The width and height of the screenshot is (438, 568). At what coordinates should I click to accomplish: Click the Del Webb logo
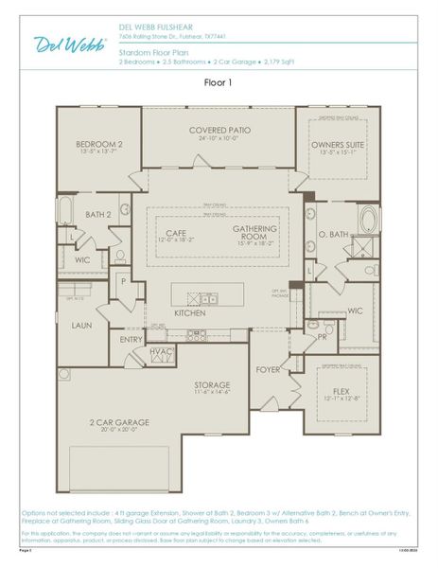[71, 43]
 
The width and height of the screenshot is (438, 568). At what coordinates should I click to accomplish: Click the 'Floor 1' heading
[219, 82]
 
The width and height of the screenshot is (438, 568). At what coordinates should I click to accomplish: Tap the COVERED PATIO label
[219, 130]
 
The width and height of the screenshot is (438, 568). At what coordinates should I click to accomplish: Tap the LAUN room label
[81, 325]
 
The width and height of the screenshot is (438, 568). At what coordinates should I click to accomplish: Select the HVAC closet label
[162, 351]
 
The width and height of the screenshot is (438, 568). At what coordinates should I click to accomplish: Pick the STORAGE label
[213, 384]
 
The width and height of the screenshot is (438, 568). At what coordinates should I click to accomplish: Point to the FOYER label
[266, 371]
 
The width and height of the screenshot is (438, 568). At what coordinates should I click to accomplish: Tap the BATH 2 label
[99, 215]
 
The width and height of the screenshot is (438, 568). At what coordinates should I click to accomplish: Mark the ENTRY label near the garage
[131, 339]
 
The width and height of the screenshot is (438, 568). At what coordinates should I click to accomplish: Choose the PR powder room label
[323, 335]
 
